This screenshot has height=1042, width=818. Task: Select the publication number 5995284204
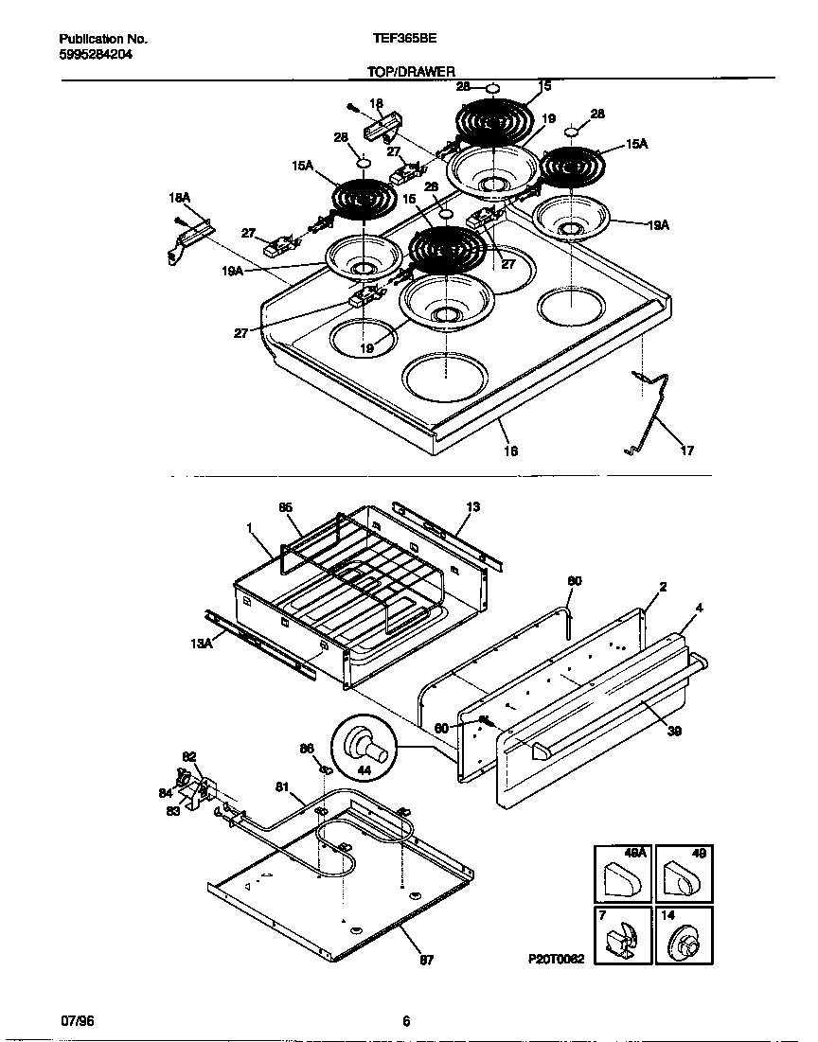point(96,55)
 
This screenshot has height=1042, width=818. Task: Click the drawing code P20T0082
point(557,958)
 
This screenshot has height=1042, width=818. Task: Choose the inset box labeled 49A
point(622,874)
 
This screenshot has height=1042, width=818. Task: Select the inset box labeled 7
point(622,935)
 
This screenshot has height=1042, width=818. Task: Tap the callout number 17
point(687,451)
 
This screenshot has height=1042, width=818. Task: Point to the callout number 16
point(510,451)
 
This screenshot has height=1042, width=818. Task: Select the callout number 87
point(426,960)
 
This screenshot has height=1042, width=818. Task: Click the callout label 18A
point(179,197)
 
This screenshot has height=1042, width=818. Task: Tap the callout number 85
point(285,507)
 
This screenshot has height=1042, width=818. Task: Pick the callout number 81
point(282,786)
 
